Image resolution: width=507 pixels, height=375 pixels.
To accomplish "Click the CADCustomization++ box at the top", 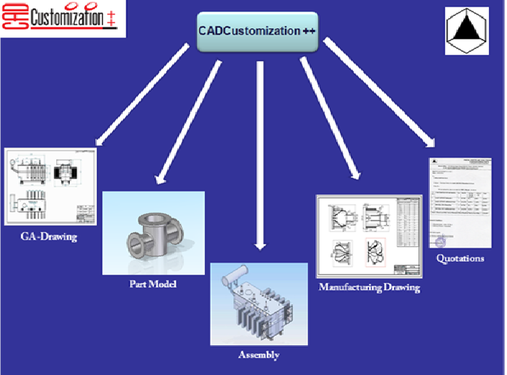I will click(x=257, y=31).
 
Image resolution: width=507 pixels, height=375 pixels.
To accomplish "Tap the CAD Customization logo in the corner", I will click(x=63, y=19).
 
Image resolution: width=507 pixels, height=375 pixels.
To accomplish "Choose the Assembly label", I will click(x=259, y=355).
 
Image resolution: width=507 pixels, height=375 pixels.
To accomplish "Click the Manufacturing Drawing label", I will click(x=369, y=287).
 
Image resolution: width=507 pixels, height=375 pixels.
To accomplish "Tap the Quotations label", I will click(x=460, y=258).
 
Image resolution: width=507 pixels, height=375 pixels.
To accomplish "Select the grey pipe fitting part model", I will click(x=154, y=233).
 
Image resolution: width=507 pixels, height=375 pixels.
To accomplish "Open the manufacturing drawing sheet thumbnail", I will click(x=368, y=236).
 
